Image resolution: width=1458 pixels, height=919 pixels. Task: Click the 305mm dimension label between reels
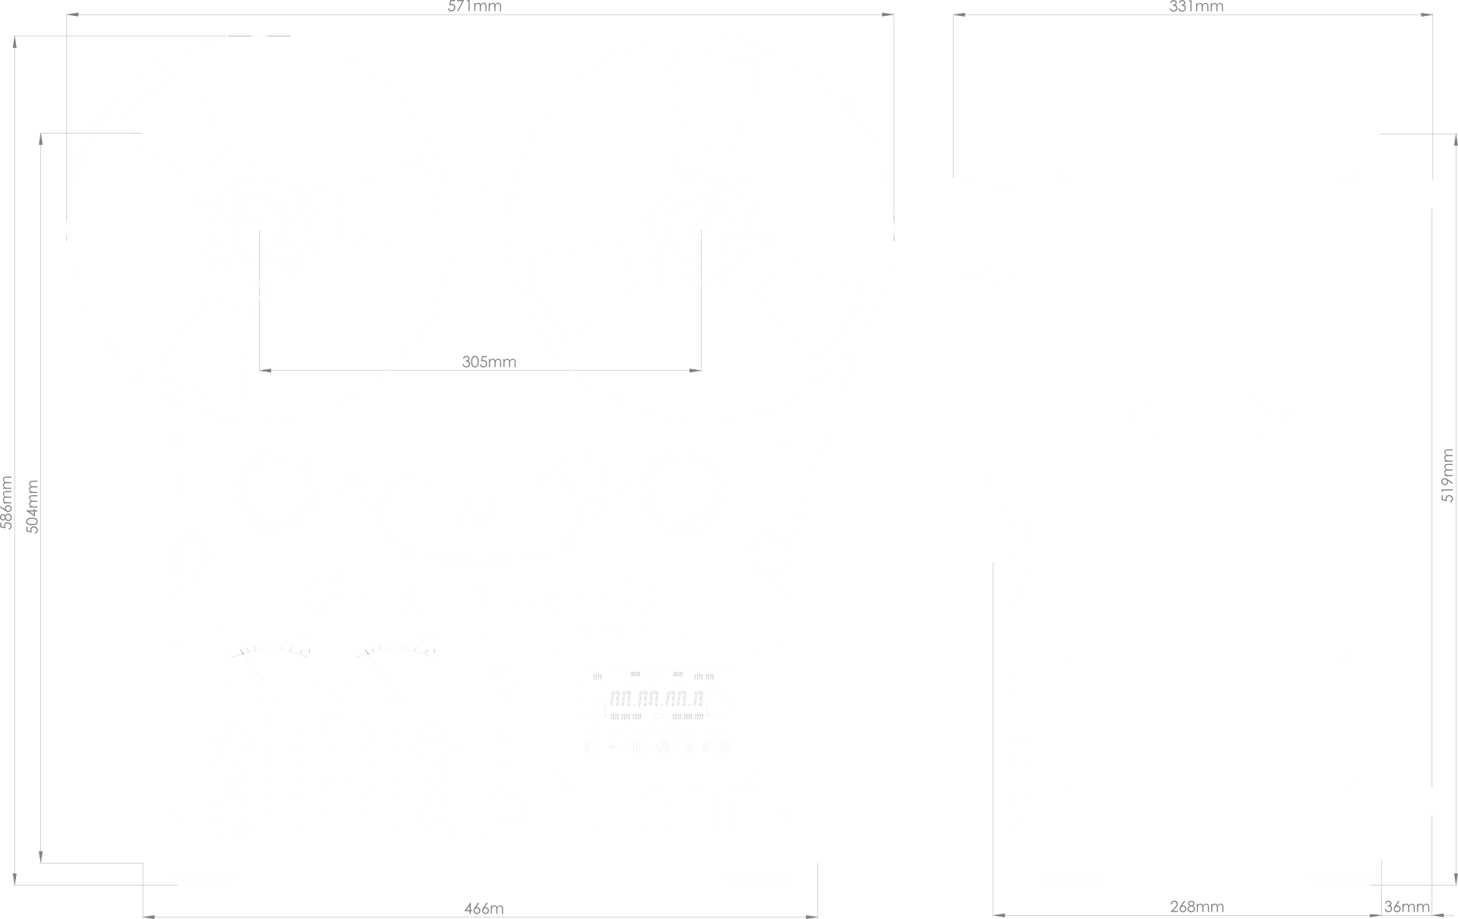(x=489, y=362)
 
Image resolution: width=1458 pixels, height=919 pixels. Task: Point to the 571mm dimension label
(x=475, y=7)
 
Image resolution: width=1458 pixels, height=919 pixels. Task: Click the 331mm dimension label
(x=1196, y=7)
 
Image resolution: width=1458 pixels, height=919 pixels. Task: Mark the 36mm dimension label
(x=1407, y=907)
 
